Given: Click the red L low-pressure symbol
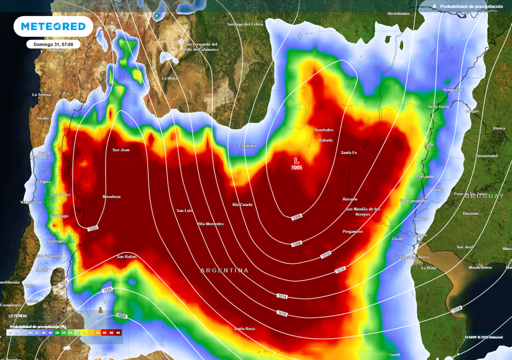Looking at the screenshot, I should click(297, 160).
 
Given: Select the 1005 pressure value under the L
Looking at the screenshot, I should click(297, 168).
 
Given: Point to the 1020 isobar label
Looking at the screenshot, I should click(93, 229).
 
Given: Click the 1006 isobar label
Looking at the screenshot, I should click(297, 218).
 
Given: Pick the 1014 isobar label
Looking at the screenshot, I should click(282, 296).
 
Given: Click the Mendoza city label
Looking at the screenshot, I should click(111, 197).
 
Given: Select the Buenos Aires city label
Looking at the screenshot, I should click(414, 257).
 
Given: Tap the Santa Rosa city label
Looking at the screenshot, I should click(244, 329).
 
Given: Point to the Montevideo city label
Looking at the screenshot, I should click(480, 267).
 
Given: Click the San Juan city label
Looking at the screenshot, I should click(121, 150).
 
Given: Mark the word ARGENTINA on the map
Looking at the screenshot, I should click(224, 271).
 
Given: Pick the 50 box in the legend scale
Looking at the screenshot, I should click(57, 332).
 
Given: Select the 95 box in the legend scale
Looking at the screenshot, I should click(118, 332).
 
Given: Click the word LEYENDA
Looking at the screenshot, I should click(17, 316).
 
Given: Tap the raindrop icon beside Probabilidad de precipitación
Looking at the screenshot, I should click(434, 6).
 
